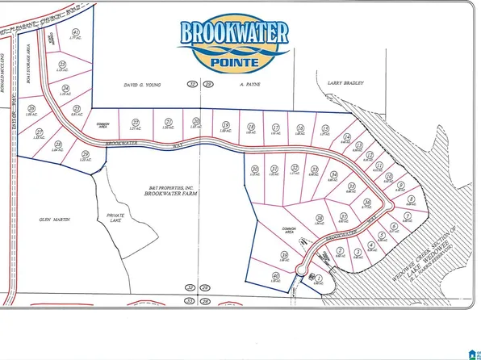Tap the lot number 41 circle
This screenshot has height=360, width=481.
pyautogui.click(x=76, y=32)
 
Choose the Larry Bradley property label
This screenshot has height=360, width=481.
pyautogui.click(x=346, y=82)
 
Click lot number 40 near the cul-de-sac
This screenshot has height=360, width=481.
pyautogui.click(x=275, y=276)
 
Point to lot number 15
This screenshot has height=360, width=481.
pyautogui.click(x=324, y=128)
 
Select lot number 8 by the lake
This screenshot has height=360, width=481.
pyautogui.click(x=412, y=199)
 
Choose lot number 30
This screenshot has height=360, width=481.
pyautogui.click(x=254, y=169)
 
